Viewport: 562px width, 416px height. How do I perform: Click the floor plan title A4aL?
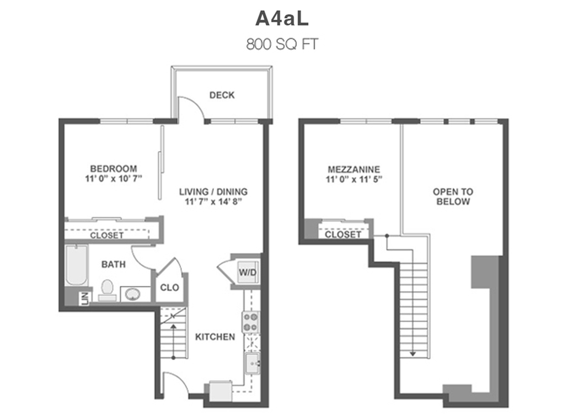coord(282,19)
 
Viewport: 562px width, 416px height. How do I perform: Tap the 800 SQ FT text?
coord(282,44)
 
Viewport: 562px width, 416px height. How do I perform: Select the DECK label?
coord(222,95)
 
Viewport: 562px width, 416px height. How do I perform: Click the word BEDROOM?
coord(113,169)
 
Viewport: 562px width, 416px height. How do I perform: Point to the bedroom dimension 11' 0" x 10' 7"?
coord(114,178)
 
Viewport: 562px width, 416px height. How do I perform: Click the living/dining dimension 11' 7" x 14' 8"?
coord(213,201)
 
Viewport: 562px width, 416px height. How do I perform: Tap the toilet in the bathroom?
coord(107,290)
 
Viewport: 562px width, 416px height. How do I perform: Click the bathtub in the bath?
coord(76,265)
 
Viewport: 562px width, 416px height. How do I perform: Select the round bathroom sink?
coord(132,295)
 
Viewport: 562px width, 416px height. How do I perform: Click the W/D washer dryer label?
coord(248,272)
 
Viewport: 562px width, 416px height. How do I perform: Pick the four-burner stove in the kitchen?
coord(251,322)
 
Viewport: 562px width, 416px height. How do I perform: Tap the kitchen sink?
coord(253,363)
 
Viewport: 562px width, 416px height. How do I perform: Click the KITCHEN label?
coord(215,337)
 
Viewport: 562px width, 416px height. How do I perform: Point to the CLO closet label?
coord(169,287)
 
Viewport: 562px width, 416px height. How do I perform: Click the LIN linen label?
coord(85,298)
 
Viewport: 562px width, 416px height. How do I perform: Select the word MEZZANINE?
coord(354,169)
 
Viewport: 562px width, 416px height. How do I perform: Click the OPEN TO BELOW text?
coord(453,196)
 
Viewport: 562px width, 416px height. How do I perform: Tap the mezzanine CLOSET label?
coord(343,234)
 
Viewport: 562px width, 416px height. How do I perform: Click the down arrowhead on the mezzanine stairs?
coord(413,354)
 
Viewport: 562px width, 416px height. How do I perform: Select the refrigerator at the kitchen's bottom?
coord(221,391)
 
